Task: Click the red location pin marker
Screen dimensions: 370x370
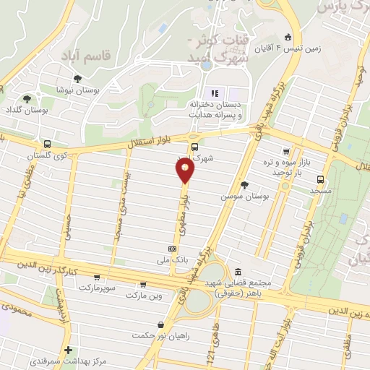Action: [185, 171]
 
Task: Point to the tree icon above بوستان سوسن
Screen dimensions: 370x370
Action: [244, 185]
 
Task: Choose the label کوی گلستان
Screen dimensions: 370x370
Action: [46, 155]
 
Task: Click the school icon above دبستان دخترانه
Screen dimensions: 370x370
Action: [213, 93]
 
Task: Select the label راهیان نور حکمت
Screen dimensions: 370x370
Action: [159, 335]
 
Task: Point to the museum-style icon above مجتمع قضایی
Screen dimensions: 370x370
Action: [238, 272]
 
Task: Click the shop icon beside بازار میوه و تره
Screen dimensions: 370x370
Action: [286, 152]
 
